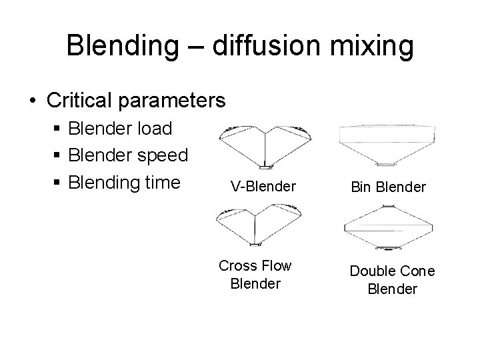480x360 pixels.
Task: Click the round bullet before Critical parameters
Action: tap(32, 101)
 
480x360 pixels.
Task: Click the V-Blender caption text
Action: tap(263, 186)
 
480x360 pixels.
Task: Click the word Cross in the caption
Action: tap(237, 265)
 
